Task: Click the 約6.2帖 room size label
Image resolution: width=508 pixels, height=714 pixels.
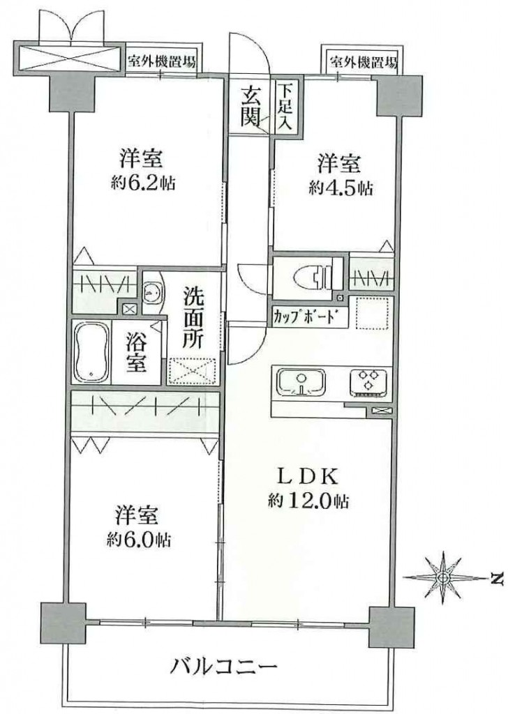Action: pos(142,183)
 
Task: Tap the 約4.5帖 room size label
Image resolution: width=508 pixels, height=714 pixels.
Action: pos(341,188)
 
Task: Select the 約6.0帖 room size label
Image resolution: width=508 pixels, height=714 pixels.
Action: pos(139,540)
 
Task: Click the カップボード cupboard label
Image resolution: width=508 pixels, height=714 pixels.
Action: pos(307,316)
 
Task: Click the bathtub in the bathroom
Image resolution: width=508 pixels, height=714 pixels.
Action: pos(91,352)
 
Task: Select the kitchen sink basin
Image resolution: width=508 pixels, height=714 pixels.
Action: pos(301,381)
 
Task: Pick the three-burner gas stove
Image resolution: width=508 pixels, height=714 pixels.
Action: pos(368,382)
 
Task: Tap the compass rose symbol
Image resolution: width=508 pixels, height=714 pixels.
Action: pos(442,577)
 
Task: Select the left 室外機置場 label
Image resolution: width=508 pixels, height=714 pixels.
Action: pos(161,62)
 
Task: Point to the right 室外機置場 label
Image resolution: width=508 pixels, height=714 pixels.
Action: pos(363,61)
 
